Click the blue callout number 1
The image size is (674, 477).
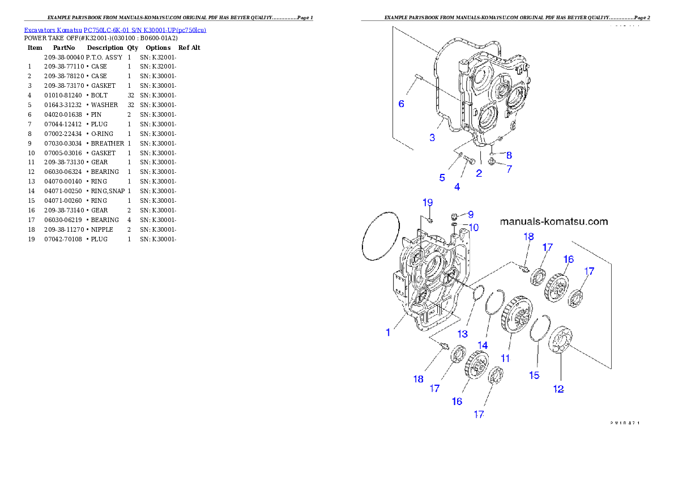388,333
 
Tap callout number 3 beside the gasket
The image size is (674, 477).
432,137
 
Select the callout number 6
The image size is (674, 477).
401,104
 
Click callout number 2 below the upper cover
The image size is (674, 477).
479,173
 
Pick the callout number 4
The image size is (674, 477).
457,186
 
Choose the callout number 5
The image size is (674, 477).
442,177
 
